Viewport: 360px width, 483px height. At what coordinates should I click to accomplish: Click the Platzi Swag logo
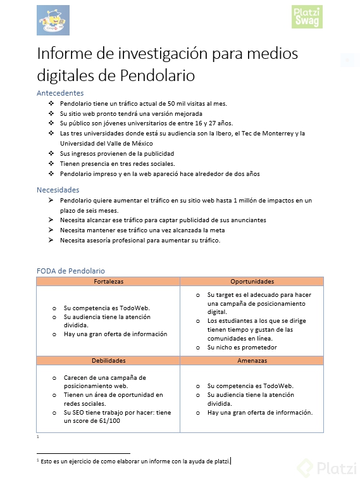pyautogui.click(x=306, y=17)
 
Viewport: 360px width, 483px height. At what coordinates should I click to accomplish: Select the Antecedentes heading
pyautogui.click(x=60, y=93)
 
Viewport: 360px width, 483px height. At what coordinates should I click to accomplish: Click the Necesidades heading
pyautogui.click(x=58, y=190)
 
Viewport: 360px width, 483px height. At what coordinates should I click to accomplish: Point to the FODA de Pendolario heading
pyautogui.click(x=71, y=271)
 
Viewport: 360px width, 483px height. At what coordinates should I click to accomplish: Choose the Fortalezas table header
pyautogui.click(x=108, y=281)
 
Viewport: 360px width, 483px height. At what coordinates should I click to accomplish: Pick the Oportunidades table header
pyautogui.click(x=252, y=281)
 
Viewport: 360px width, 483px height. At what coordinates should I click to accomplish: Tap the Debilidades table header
pyautogui.click(x=108, y=360)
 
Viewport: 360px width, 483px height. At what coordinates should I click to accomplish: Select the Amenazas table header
pyautogui.click(x=252, y=360)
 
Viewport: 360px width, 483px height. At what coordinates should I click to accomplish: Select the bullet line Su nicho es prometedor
pyautogui.click(x=242, y=348)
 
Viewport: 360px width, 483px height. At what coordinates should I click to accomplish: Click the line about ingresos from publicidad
pyautogui.click(x=117, y=154)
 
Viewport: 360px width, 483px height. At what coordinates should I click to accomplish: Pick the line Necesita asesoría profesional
pyautogui.click(x=140, y=241)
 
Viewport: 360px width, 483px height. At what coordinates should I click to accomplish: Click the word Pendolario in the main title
pyautogui.click(x=157, y=75)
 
